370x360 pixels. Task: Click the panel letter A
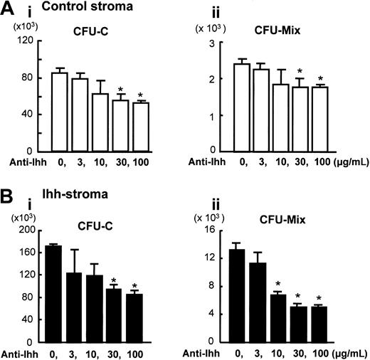coord(9,10)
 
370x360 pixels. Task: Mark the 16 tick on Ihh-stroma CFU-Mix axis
coord(214,231)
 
